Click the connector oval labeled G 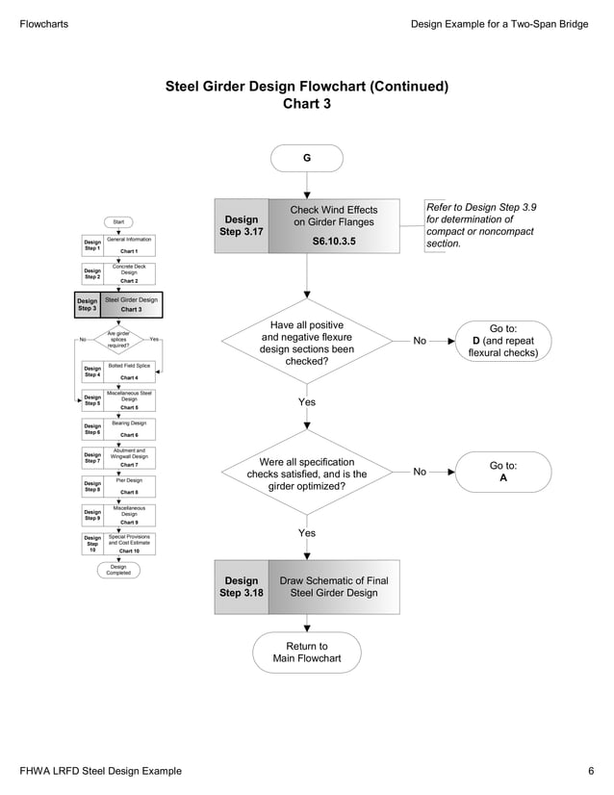(x=306, y=158)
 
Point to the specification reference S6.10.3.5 (x=333, y=242)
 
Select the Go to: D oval (x=502, y=340)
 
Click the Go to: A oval (x=502, y=472)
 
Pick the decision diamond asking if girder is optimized (x=306, y=472)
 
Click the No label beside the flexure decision (x=420, y=340)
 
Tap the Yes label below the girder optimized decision (x=306, y=533)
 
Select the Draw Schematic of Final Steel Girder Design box (x=333, y=587)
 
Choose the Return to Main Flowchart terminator (x=306, y=653)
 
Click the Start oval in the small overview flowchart (x=118, y=222)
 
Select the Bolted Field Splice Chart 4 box (x=129, y=372)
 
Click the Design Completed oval (x=118, y=570)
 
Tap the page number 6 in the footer (x=591, y=772)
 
